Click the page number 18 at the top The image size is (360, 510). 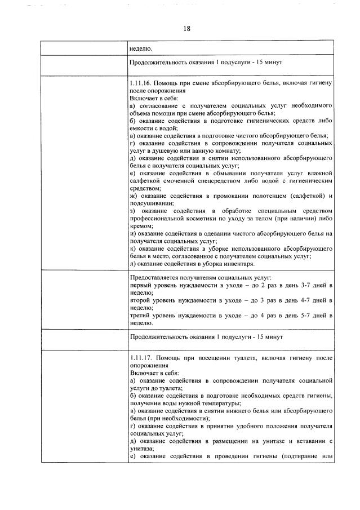(187, 29)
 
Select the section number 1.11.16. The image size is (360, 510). (140, 83)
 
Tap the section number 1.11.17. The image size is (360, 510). (140, 358)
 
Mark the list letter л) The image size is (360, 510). (133, 264)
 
